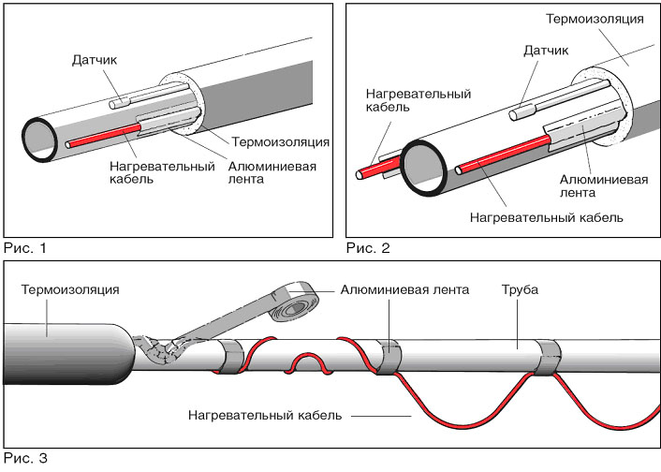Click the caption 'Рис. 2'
(x=367, y=248)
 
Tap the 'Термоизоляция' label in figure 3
(x=68, y=289)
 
